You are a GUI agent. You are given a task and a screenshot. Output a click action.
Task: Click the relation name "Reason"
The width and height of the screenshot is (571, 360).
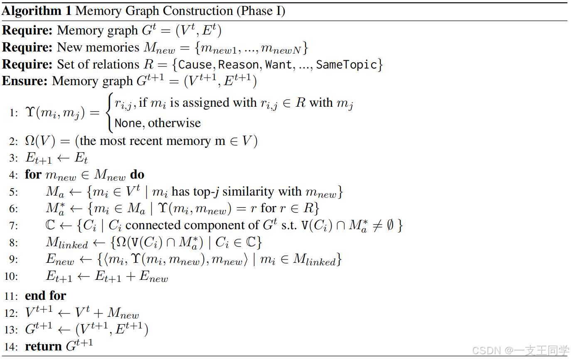(239, 65)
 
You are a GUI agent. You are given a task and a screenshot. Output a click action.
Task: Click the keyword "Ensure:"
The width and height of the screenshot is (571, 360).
(25, 81)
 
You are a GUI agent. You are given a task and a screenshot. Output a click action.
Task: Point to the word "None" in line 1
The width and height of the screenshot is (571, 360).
(128, 123)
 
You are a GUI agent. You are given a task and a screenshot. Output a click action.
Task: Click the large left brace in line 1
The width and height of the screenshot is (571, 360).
(109, 113)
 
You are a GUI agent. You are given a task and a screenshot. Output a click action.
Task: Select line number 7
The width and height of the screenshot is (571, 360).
(14, 226)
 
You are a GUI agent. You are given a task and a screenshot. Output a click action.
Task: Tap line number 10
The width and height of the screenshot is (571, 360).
(11, 277)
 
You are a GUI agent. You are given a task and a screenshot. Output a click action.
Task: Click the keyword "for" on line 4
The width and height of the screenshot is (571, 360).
(33, 174)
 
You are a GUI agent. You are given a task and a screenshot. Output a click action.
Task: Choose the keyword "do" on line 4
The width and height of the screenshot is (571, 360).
(137, 174)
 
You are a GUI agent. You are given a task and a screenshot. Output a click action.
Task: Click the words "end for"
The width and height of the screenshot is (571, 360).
(45, 296)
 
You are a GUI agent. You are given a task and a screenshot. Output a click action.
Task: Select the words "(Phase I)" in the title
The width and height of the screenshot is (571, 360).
(261, 11)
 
